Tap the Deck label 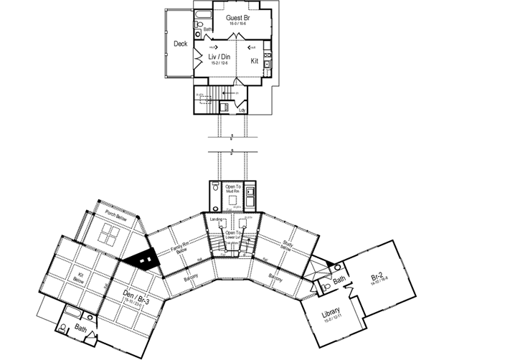click(181, 44)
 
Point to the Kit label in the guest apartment click(255, 61)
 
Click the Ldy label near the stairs click(252, 110)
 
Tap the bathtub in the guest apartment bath click(202, 15)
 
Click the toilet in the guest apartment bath click(198, 33)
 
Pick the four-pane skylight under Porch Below click(111, 235)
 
